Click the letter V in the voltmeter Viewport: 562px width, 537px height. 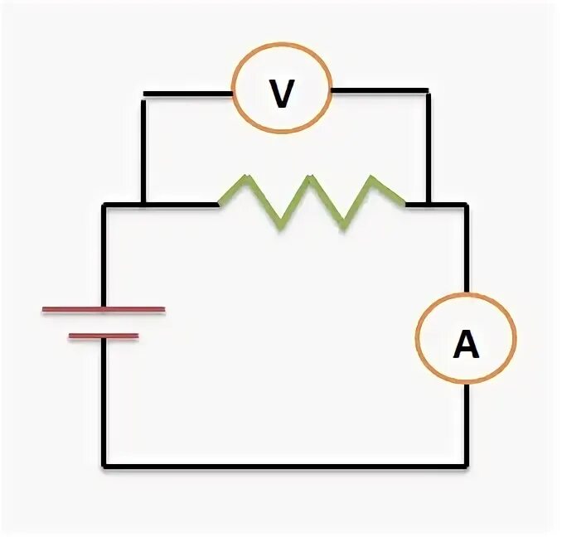[x=282, y=94]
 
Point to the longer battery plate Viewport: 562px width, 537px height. [x=104, y=311]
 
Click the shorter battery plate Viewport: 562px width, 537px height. [x=104, y=336]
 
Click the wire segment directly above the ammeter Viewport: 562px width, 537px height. [x=466, y=249]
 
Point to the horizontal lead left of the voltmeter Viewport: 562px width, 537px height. [x=187, y=91]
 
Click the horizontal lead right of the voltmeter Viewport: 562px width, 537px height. [x=379, y=89]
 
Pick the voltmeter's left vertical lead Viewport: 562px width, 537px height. [x=143, y=149]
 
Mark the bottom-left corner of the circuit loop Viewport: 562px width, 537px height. [x=104, y=467]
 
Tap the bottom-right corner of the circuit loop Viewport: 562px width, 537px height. [x=466, y=467]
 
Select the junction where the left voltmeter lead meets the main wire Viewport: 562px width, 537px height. [x=143, y=204]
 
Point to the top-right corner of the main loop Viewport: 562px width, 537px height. [x=466, y=204]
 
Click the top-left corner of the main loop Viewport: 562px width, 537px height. [x=104, y=204]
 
